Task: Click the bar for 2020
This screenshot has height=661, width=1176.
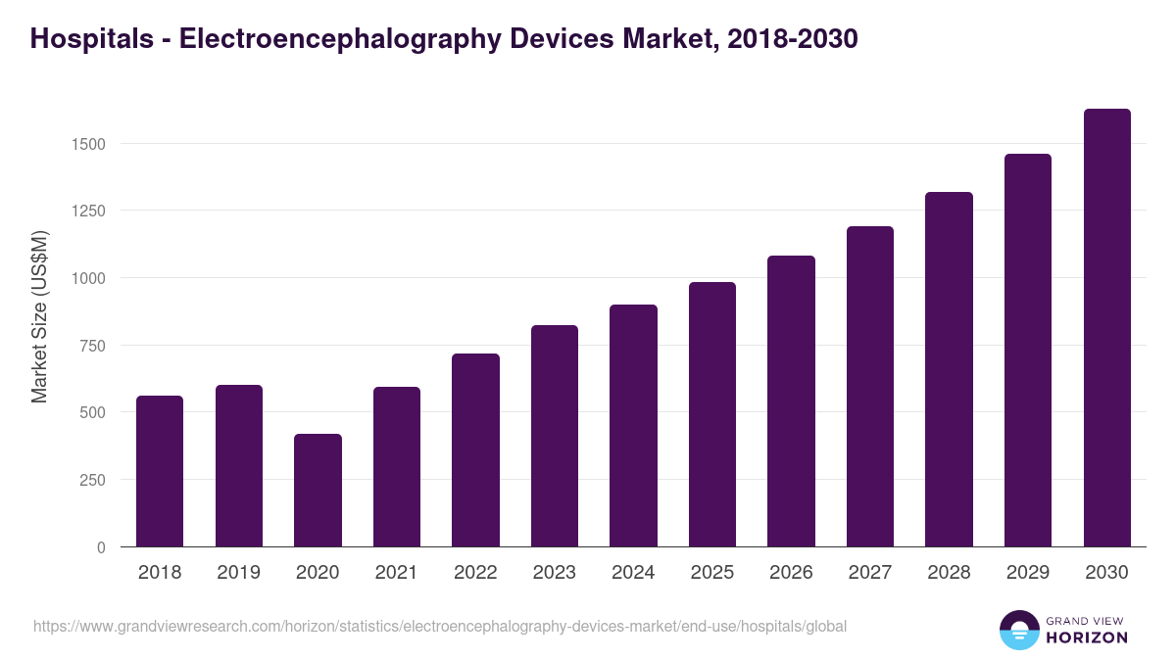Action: [318, 490]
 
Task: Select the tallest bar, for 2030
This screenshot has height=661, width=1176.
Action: [1106, 328]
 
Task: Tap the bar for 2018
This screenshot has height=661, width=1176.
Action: [160, 471]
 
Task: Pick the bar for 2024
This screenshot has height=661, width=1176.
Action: [633, 426]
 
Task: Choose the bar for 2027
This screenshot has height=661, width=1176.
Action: [870, 387]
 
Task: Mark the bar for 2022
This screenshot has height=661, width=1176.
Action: [475, 450]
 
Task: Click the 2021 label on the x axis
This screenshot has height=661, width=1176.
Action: [396, 573]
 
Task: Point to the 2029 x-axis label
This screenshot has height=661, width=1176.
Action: [1028, 573]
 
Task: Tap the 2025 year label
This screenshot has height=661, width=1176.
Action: [712, 573]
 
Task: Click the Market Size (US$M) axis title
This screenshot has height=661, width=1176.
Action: [39, 316]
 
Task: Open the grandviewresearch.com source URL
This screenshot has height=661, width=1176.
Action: [440, 626]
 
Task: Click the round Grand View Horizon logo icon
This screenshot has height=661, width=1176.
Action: [1019, 630]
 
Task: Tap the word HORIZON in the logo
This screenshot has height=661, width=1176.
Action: [1087, 637]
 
